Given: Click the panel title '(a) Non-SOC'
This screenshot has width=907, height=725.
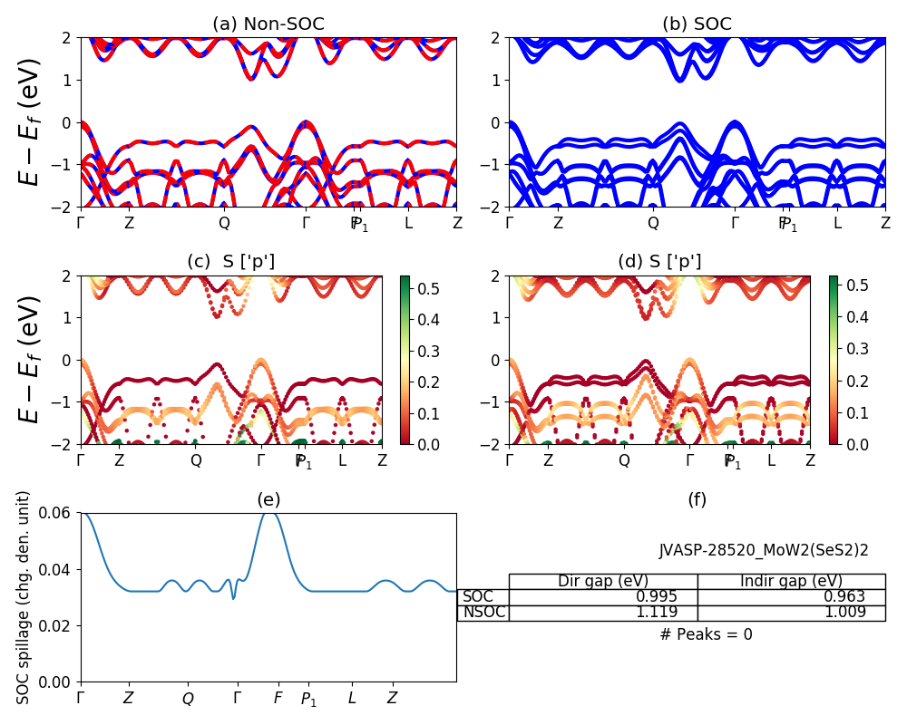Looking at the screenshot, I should [268, 24].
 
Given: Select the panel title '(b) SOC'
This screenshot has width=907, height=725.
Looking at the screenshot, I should [697, 24].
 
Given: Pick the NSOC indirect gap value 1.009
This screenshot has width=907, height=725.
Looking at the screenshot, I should [842, 612].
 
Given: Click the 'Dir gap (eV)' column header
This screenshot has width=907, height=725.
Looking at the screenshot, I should [603, 581].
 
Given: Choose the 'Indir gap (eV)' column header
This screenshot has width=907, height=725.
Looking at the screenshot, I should [791, 581].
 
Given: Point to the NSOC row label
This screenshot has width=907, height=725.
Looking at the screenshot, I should [483, 612].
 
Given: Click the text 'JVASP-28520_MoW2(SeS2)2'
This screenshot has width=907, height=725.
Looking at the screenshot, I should [764, 550].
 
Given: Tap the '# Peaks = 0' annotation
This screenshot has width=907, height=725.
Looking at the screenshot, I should [706, 634].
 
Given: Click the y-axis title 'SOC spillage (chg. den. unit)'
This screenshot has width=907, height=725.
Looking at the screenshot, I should [24, 596].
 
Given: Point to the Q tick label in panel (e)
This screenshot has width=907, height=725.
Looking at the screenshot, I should [188, 699].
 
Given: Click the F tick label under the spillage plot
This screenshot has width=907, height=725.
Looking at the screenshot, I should [278, 699].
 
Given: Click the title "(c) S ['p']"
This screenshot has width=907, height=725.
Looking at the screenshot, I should [230, 262].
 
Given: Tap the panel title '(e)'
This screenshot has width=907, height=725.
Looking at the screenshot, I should [268, 499].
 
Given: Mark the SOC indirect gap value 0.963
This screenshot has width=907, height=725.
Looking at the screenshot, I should [842, 596].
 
